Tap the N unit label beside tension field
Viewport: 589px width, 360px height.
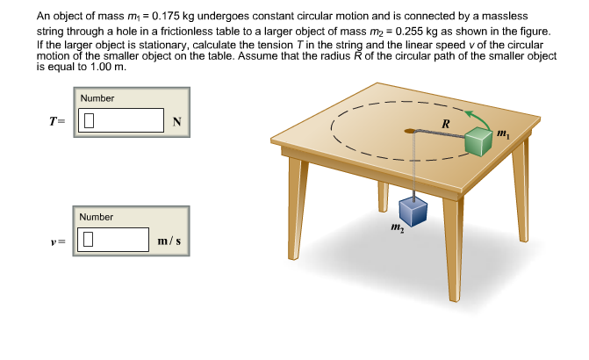tap(177, 121)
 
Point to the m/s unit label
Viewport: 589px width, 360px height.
tap(169, 240)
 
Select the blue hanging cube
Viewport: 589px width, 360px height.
tap(413, 211)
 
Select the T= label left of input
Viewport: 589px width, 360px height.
tap(56, 121)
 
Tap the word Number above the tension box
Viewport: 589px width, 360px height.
tap(97, 98)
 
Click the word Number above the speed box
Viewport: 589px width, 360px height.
tap(96, 217)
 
